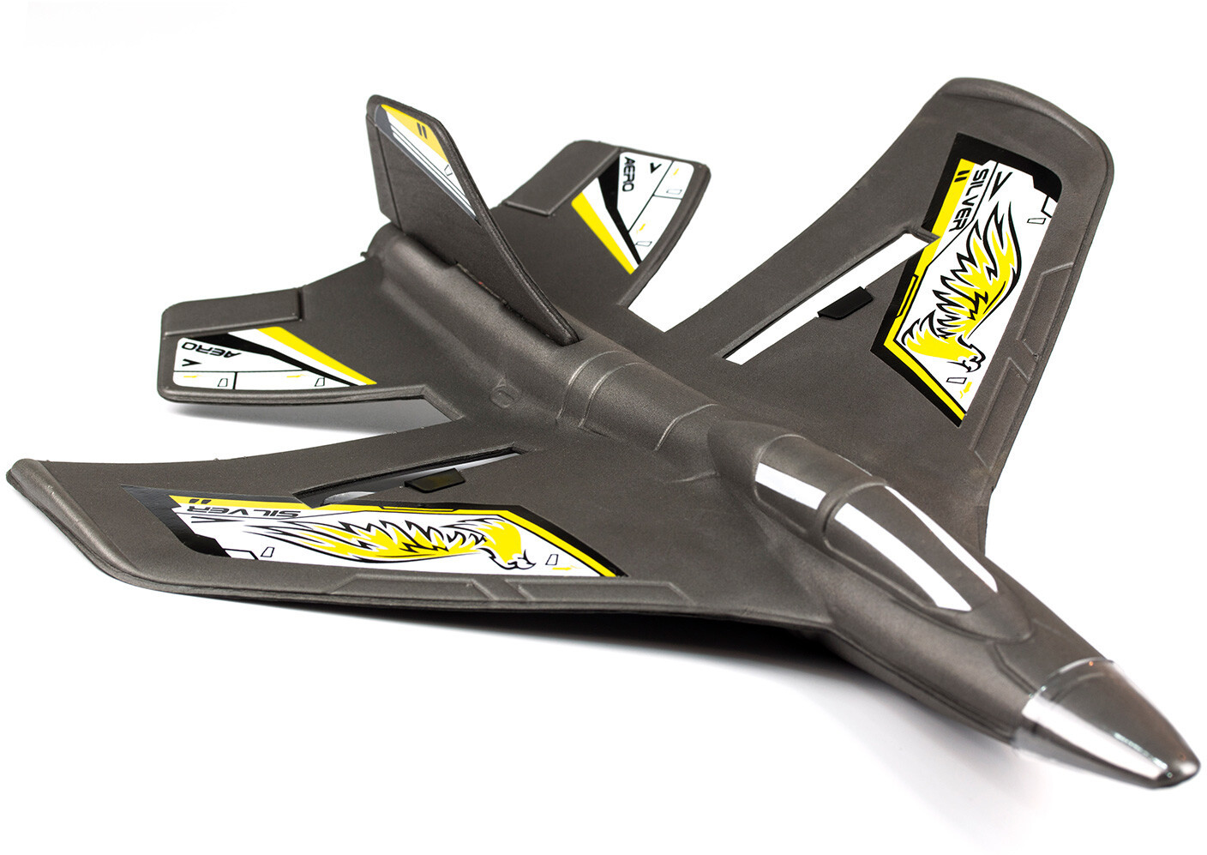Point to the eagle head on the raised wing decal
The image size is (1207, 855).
pyautogui.click(x=967, y=358)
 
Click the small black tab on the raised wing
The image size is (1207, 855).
pyautogui.click(x=844, y=303)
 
